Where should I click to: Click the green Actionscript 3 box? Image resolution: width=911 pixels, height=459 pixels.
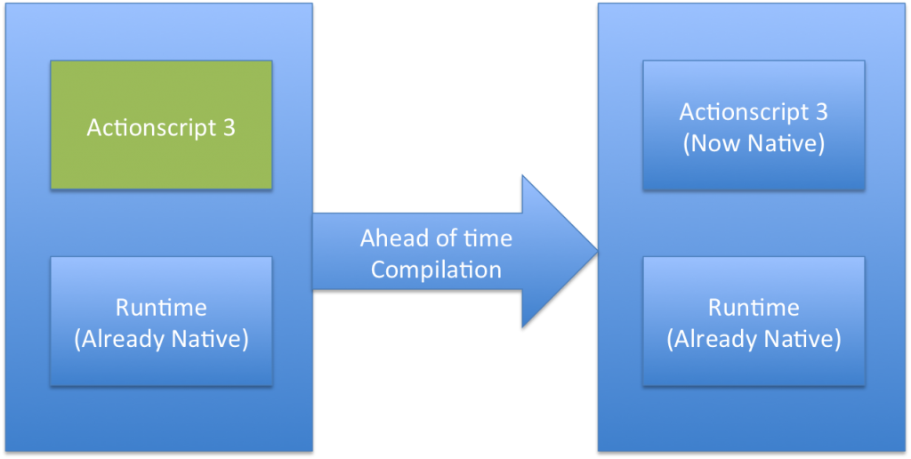pyautogui.click(x=161, y=125)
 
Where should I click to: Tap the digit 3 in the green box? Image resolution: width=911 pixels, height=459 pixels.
pyautogui.click(x=229, y=128)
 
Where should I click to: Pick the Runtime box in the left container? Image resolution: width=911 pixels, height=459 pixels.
pyautogui.click(x=161, y=321)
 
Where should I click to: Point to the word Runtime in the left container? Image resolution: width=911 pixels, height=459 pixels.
pyautogui.click(x=161, y=308)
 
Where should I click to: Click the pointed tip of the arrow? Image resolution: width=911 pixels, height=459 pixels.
pyautogui.click(x=598, y=251)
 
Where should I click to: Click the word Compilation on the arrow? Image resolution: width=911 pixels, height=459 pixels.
pyautogui.click(x=436, y=270)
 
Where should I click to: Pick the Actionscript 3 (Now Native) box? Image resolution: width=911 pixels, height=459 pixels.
pyautogui.click(x=754, y=125)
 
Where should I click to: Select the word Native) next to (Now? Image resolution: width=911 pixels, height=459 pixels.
pyautogui.click(x=787, y=145)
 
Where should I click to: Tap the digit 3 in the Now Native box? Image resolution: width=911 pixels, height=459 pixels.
pyautogui.click(x=821, y=111)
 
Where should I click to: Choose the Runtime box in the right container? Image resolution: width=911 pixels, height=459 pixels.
pyautogui.click(x=754, y=321)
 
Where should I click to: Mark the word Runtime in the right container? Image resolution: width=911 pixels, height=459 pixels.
pyautogui.click(x=754, y=308)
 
